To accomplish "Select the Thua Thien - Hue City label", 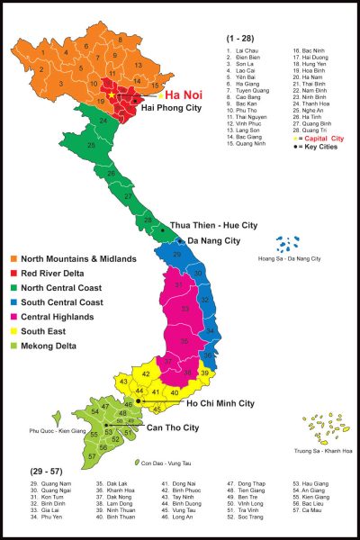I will pos(213,225).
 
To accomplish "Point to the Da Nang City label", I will pos(213,241).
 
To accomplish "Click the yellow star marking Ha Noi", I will pos(112,94).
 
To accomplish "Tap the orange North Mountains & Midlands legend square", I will pos(11,259).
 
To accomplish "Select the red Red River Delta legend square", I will pos(11,274).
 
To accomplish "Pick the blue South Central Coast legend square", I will pos(11,302).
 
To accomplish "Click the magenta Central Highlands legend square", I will pos(11,317).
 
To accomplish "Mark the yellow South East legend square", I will pos(11,331).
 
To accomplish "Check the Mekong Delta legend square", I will pos(11,346).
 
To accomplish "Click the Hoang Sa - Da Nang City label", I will pos(289,260).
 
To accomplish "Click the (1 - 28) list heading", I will pos(238,40).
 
